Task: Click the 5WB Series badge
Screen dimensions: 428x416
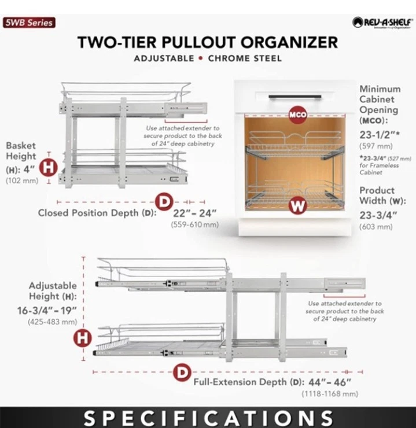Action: coord(28,23)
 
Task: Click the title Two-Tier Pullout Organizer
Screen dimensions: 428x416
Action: coord(207,43)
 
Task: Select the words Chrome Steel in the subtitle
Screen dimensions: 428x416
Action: coord(245,58)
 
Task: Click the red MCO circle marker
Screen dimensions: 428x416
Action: coord(297,115)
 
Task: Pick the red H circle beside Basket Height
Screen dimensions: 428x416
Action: coord(50,168)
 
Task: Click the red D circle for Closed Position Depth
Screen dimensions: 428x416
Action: coord(166,201)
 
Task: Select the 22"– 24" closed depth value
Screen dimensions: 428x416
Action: coord(194,212)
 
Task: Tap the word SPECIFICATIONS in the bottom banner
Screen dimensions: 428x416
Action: coord(207,418)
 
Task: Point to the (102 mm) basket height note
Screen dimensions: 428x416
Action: coord(21,180)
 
